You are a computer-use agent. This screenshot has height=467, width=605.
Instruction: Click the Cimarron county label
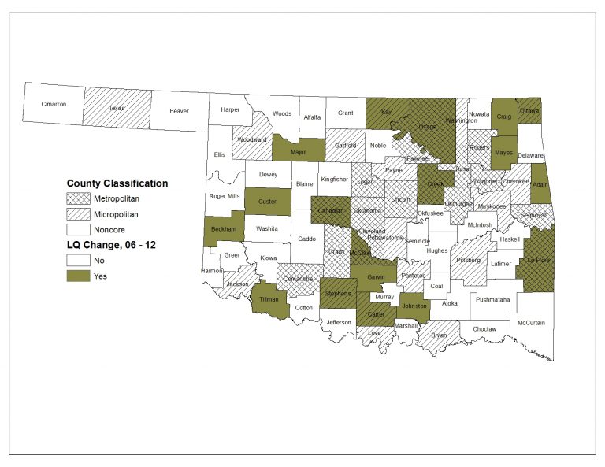point(54,104)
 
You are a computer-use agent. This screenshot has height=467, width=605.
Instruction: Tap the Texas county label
point(117,108)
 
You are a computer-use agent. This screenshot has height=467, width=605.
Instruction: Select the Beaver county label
point(179,111)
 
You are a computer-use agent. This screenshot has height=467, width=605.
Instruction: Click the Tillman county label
point(270,299)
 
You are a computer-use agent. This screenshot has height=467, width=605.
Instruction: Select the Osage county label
point(427,127)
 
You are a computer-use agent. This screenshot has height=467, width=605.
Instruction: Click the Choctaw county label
point(484,328)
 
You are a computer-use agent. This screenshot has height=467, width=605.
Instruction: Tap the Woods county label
point(282,113)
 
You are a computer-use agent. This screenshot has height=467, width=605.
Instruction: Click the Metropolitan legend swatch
point(77,198)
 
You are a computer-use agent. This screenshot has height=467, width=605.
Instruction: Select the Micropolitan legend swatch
point(77,214)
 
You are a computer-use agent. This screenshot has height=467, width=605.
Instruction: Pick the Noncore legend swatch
point(77,230)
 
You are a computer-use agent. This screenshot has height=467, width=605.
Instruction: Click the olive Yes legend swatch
point(77,276)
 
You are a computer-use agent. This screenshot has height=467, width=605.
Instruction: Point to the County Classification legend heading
point(117,183)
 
